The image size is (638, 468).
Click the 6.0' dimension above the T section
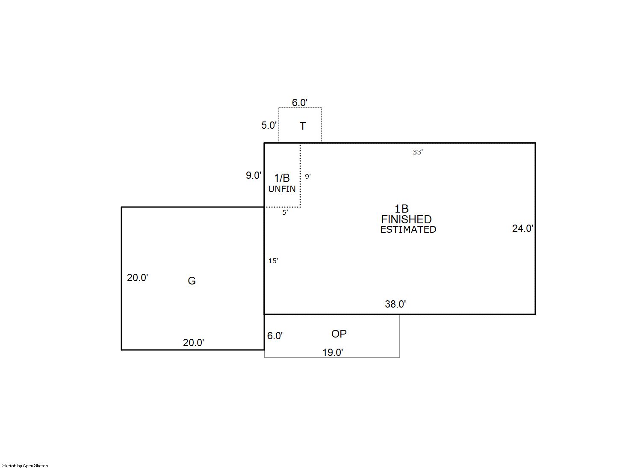[x=300, y=102]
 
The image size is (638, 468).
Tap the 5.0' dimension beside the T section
[x=269, y=125]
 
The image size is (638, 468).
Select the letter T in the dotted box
[x=302, y=126]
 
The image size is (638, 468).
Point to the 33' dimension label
[x=417, y=152]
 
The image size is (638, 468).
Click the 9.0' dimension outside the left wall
[x=254, y=175]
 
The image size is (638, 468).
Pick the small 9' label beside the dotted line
[x=307, y=176]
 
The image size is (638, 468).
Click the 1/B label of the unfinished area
[x=282, y=178]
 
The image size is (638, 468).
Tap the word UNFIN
[x=282, y=189]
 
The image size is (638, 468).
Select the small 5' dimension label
[x=285, y=212]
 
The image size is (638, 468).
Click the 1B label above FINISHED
[x=402, y=209]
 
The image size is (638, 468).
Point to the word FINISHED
[x=406, y=219]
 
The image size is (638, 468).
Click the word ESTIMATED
[x=408, y=229]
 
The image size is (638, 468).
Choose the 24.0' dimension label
[x=523, y=228]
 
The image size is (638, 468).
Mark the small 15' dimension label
[x=273, y=261]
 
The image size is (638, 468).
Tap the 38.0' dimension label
[x=396, y=305]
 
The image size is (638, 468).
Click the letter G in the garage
[x=192, y=281]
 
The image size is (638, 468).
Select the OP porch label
[x=339, y=334]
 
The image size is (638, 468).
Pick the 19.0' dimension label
[x=333, y=352]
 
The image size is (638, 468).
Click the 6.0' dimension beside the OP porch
[x=275, y=336]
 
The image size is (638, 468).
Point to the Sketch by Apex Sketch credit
[x=25, y=465]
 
